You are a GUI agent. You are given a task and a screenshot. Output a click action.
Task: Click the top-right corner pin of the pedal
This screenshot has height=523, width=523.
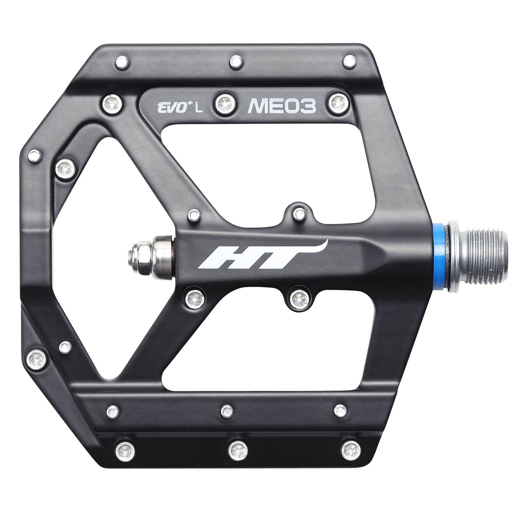tap(349, 61)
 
